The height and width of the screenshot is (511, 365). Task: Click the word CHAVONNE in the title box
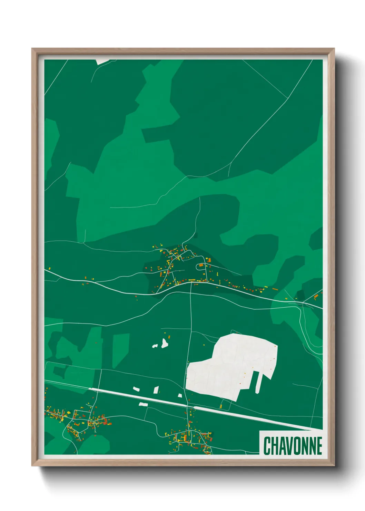(293, 446)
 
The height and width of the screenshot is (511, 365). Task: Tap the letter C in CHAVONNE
(267, 446)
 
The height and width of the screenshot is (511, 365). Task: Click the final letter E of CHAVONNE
(319, 446)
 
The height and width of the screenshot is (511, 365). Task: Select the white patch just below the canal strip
(143, 404)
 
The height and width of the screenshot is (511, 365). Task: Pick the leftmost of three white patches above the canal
(136, 389)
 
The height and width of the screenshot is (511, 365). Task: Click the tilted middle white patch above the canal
(156, 390)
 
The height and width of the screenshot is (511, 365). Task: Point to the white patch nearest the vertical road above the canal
(180, 395)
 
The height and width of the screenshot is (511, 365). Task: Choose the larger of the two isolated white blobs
(165, 343)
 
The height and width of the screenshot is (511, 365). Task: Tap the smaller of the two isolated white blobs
(155, 345)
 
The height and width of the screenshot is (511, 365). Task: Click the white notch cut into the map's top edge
(103, 61)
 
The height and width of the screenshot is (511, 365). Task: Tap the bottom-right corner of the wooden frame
(334, 465)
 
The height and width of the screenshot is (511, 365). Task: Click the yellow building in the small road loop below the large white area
(221, 406)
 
